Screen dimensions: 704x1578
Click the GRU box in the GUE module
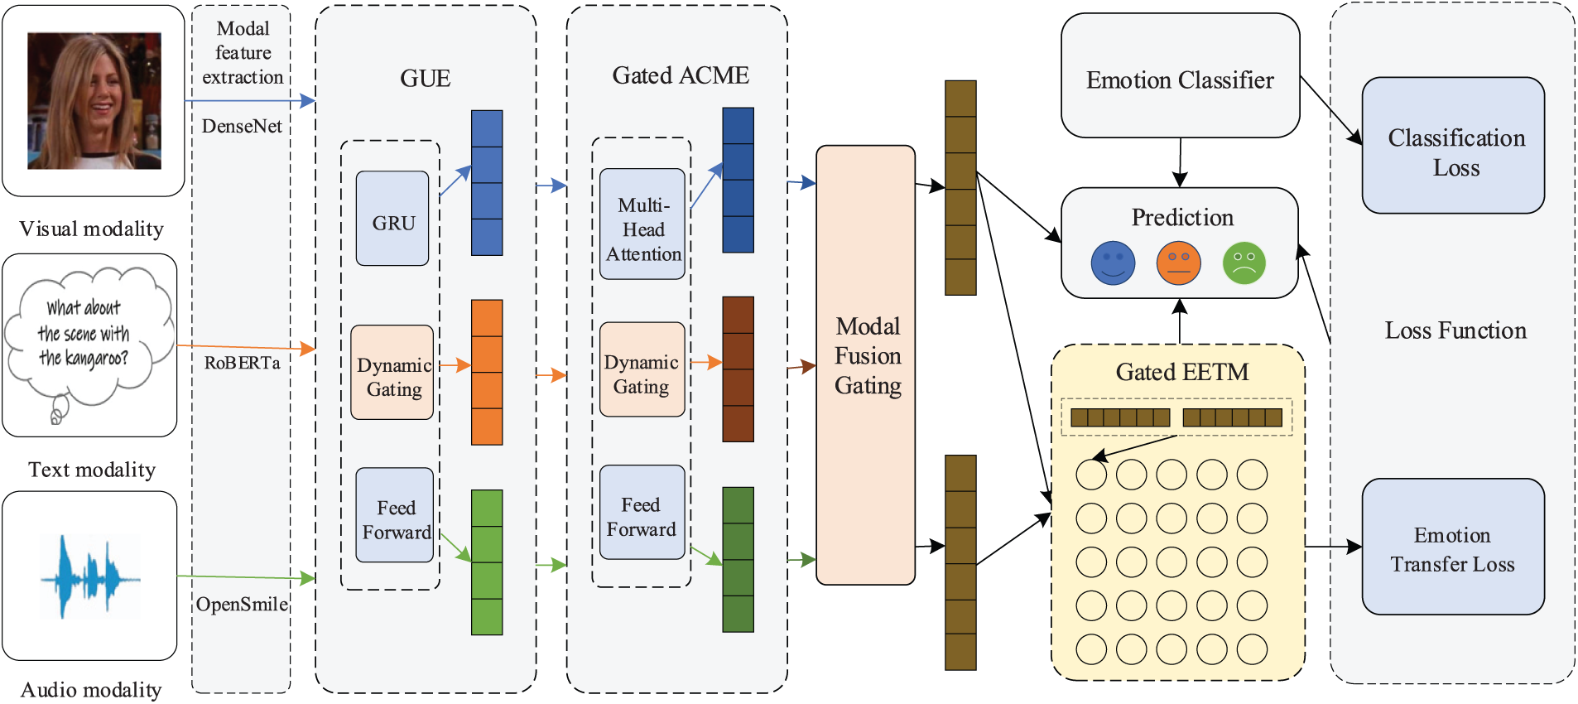pyautogui.click(x=392, y=219)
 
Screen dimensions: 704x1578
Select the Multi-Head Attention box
pyautogui.click(x=642, y=224)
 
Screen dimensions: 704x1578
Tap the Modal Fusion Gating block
pyautogui.click(x=866, y=364)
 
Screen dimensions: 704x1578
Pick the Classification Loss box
pyautogui.click(x=1453, y=146)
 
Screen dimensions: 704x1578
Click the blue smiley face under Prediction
pyautogui.click(x=1113, y=263)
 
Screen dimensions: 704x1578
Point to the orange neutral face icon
pyautogui.click(x=1179, y=263)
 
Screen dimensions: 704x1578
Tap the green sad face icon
pyautogui.click(x=1244, y=263)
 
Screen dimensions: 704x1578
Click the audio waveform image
pyautogui.click(x=89, y=576)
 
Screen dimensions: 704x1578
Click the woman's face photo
pyautogui.click(x=94, y=101)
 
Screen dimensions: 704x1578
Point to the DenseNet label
pyautogui.click(x=242, y=127)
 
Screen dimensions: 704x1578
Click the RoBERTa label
pyautogui.click(x=242, y=363)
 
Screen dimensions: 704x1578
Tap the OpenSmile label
pyautogui.click(x=242, y=605)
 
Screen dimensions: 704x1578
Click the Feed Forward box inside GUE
pyautogui.click(x=395, y=516)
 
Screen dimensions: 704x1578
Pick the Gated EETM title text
pyautogui.click(x=1181, y=372)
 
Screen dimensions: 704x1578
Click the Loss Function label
pyautogui.click(x=1455, y=330)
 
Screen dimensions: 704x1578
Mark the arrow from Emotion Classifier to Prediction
pyautogui.click(x=1181, y=162)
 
